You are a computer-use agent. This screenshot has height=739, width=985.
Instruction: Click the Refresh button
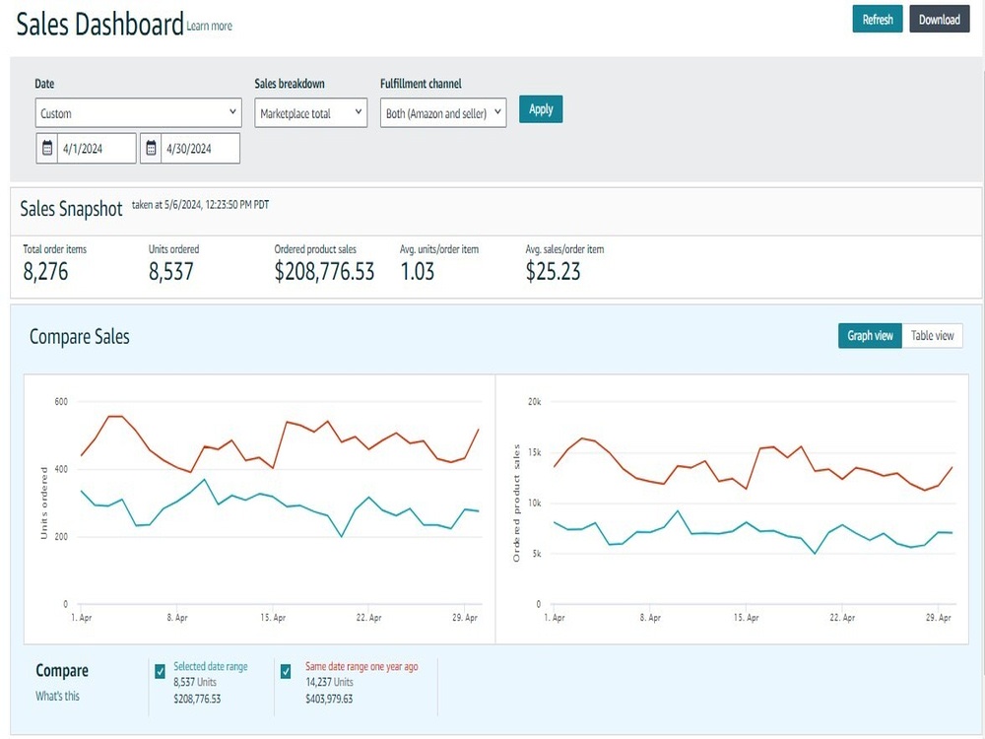point(877,19)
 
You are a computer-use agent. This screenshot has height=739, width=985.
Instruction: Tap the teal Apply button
point(541,109)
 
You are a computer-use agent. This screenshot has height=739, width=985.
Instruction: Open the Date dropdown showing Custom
point(138,113)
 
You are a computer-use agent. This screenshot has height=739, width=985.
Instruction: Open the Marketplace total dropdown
point(311,113)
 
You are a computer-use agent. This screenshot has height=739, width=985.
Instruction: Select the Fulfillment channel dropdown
point(443,113)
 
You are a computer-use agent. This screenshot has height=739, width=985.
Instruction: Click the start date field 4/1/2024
point(86,149)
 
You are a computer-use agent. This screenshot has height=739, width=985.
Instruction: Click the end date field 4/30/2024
point(190,149)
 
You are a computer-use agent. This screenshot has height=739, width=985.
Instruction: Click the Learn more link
point(209,26)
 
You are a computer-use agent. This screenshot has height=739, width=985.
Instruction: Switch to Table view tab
point(932,336)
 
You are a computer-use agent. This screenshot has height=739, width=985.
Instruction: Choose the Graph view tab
point(870,336)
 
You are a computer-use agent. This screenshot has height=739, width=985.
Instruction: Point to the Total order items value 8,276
point(45,272)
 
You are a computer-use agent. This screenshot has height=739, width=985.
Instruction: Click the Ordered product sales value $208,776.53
point(324,272)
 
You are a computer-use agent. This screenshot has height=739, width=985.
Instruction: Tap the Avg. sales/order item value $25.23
point(553,272)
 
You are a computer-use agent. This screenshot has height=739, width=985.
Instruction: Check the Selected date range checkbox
point(161,671)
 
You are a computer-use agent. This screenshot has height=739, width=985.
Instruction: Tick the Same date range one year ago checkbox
point(286,671)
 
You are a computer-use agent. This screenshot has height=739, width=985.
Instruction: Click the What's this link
point(57,696)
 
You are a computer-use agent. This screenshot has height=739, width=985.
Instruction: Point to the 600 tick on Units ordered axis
point(61,402)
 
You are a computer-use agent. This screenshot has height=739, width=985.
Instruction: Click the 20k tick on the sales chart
point(535,402)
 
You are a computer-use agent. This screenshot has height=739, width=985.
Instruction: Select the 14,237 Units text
point(329,682)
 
